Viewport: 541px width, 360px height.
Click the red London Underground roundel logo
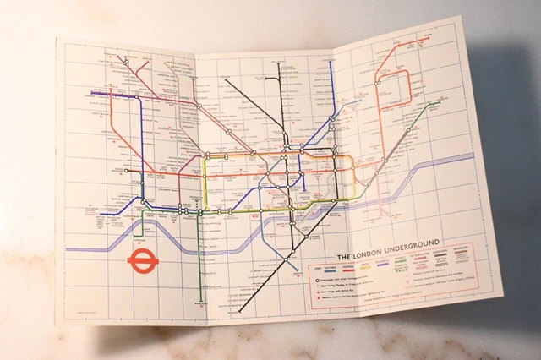pos(139,259)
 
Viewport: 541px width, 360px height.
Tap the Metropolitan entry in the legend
pos(419,257)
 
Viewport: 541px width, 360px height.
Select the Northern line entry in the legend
pos(442,256)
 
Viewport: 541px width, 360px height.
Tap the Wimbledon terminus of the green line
pos(201,302)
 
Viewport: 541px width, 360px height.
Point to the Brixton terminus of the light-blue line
pos(297,270)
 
